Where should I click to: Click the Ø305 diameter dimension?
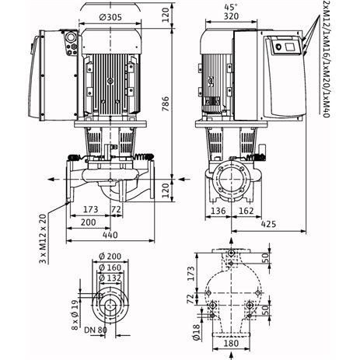coord(110,17)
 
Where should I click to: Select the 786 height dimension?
coord(166,104)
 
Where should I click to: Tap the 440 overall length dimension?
coord(110,235)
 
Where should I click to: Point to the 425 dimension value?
coord(268,224)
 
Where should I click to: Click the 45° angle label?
coord(231,7)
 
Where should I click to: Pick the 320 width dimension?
coord(231,16)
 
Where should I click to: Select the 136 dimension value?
coord(218,211)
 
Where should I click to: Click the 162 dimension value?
coord(246,211)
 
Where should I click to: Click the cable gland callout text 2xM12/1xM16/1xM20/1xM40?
coord(326,59)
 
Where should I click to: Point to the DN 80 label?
coord(96,330)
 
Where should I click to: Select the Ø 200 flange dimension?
coord(110,257)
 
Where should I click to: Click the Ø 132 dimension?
coord(110,278)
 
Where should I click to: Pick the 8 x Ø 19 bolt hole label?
coord(75,315)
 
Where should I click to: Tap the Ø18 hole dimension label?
coord(197,331)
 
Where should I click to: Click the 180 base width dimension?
coord(231,344)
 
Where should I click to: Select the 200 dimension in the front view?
coord(88,222)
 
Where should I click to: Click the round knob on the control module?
coord(278,47)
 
